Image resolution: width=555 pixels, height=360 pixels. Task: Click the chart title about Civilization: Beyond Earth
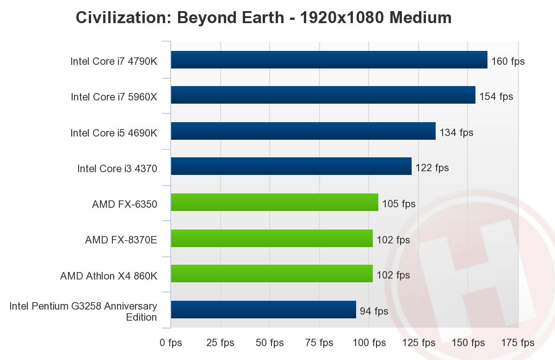coord(264,18)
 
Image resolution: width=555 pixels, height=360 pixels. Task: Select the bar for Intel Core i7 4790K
coord(329,60)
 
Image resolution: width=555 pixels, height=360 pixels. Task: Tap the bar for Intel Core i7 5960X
coord(323,95)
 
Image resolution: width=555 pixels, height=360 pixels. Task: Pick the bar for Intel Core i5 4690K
coord(303,131)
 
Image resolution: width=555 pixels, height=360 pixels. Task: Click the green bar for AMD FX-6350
coord(274,203)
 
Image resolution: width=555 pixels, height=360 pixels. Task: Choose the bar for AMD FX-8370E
coord(271,238)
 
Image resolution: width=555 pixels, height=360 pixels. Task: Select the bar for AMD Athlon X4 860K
coord(271,273)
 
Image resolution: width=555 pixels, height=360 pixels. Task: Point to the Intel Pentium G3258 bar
coord(263,310)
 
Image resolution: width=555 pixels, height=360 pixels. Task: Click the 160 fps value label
coord(508,61)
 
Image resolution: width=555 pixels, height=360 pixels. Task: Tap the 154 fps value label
coord(496,97)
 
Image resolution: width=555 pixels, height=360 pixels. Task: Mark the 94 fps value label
coord(374,311)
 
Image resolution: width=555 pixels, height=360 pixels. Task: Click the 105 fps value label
coord(399,204)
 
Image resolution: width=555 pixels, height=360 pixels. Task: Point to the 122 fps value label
coord(432,168)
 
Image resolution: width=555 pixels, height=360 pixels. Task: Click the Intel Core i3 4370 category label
coord(117,169)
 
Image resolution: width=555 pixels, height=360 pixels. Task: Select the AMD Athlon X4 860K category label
coord(109,276)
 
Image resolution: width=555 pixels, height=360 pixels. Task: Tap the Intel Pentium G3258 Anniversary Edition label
coord(83,311)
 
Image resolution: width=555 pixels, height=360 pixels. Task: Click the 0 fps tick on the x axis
coord(171,343)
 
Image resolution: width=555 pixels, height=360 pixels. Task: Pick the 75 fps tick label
coord(319,343)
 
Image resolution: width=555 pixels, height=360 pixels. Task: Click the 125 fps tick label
coord(419,343)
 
